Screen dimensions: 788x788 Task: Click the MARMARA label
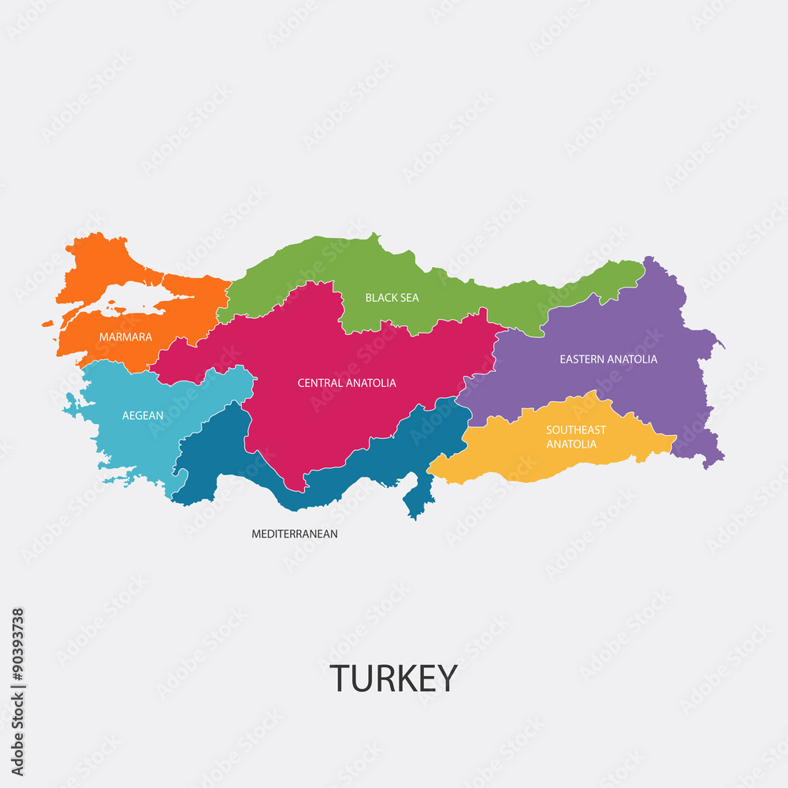[125, 337]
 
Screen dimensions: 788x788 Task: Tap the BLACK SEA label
[392, 298]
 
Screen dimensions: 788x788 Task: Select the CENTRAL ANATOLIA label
[347, 383]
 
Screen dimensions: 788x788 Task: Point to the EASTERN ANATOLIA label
[608, 359]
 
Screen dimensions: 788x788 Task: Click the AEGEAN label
[143, 415]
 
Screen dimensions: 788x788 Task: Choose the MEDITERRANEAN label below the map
[295, 534]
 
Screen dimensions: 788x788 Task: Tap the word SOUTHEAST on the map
[576, 430]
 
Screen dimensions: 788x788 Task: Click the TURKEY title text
[393, 678]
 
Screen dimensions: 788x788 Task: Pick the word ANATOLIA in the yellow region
[571, 444]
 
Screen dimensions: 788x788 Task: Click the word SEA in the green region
[409, 298]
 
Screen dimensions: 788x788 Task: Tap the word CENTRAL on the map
[320, 383]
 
